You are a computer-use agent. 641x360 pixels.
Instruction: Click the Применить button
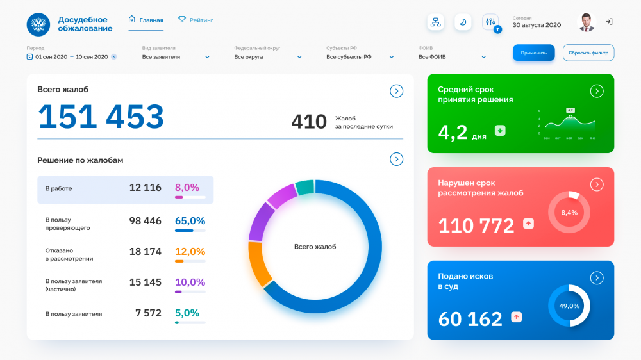click(533, 53)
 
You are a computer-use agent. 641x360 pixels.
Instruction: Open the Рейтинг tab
click(196, 20)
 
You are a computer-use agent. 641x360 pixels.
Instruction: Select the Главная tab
click(146, 20)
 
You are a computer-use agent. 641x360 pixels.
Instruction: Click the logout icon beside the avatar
click(609, 22)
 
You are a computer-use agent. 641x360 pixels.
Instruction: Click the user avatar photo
click(587, 22)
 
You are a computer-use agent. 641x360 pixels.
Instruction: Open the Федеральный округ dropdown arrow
click(299, 57)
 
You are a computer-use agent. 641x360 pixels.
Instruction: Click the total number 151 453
click(101, 117)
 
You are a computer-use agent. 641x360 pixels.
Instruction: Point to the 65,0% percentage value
click(190, 221)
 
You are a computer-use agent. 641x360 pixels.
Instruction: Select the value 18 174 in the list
click(145, 252)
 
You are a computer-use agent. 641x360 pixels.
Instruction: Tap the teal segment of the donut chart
click(305, 187)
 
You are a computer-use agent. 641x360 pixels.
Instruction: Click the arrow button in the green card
click(597, 91)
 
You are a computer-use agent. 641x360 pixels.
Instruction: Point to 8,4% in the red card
click(569, 212)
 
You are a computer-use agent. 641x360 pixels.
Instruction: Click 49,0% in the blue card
click(569, 306)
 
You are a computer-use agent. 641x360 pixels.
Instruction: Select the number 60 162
click(470, 318)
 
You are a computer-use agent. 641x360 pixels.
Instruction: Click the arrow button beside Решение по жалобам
click(397, 160)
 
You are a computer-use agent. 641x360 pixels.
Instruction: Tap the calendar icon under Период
click(29, 57)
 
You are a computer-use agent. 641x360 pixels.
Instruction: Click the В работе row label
click(58, 188)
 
